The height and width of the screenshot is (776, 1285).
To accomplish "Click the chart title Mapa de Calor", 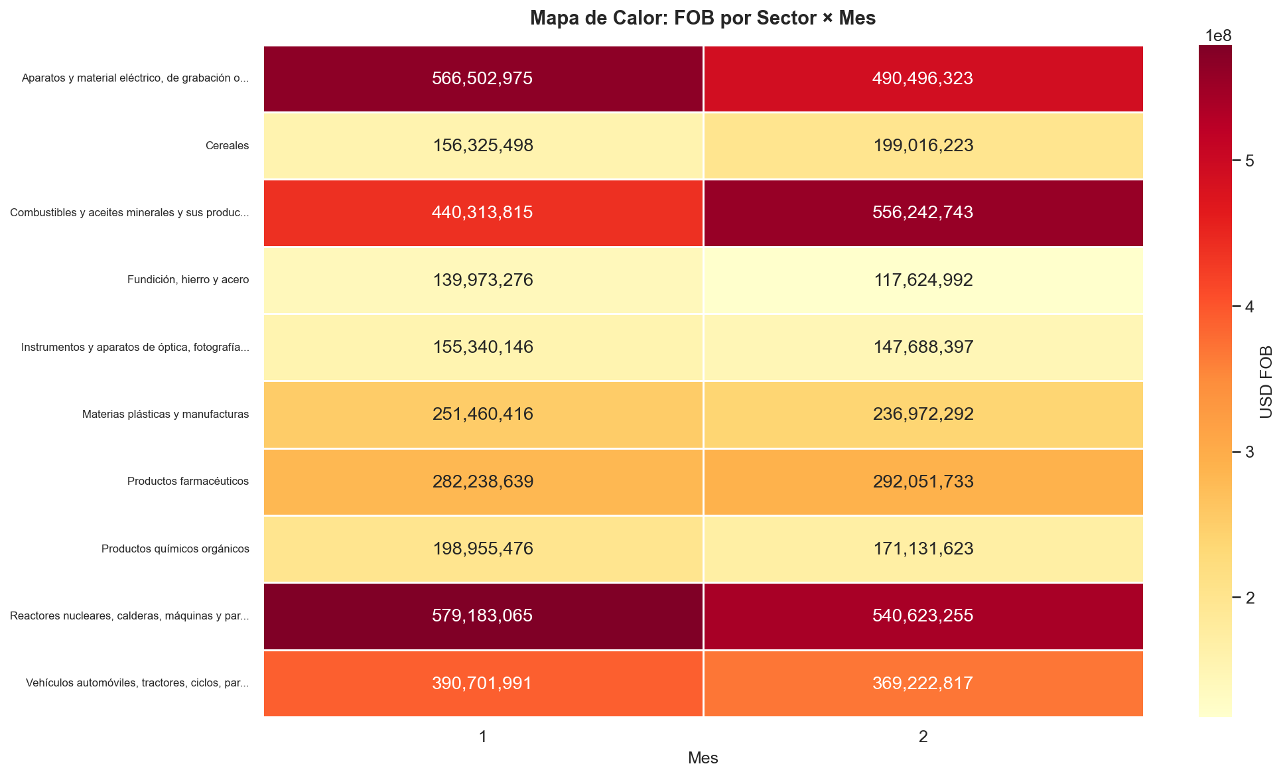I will pyautogui.click(x=703, y=18).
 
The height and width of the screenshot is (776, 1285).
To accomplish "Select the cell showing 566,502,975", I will pyautogui.click(x=482, y=78).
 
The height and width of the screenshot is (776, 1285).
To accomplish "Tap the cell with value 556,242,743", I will pyautogui.click(x=923, y=212).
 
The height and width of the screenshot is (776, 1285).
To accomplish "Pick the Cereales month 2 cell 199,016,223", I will pyautogui.click(x=923, y=145).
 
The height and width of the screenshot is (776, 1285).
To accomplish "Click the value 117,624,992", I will pyautogui.click(x=923, y=280).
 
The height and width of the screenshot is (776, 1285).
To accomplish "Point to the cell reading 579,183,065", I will pyautogui.click(x=482, y=615).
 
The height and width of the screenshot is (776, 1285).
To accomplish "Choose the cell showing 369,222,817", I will pyautogui.click(x=923, y=683).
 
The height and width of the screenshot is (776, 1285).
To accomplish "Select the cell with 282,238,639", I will pyautogui.click(x=482, y=482).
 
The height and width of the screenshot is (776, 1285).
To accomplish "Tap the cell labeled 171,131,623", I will pyautogui.click(x=923, y=549).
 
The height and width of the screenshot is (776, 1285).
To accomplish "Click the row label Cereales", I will pyautogui.click(x=228, y=146).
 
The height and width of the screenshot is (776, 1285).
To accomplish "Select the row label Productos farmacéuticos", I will pyautogui.click(x=188, y=482).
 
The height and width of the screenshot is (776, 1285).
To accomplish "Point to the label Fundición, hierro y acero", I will pyautogui.click(x=188, y=280).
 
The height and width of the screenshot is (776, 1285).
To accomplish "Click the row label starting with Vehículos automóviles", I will pyautogui.click(x=137, y=683).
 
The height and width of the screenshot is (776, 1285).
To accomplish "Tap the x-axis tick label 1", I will pyautogui.click(x=483, y=736).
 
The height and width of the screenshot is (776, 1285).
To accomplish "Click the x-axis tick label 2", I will pyautogui.click(x=923, y=736).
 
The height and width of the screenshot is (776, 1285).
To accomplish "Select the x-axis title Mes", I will pyautogui.click(x=703, y=758).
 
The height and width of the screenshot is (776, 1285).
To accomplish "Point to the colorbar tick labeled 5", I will pyautogui.click(x=1250, y=161).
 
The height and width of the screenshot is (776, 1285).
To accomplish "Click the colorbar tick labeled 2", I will pyautogui.click(x=1250, y=598).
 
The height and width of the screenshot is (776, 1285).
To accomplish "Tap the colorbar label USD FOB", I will pyautogui.click(x=1266, y=382).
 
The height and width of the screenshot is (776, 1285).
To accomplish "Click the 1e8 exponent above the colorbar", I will pyautogui.click(x=1218, y=36).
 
